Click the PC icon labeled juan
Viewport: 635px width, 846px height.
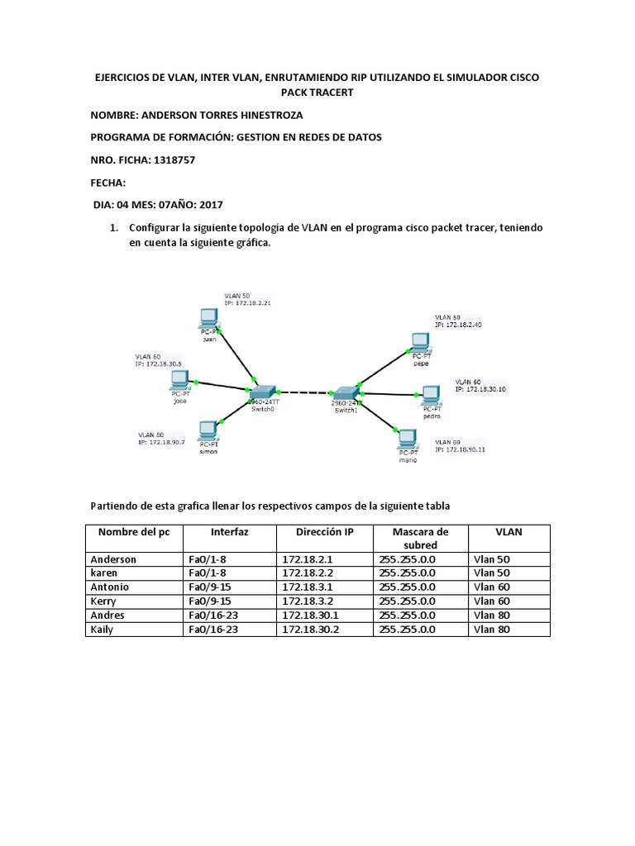(x=208, y=319)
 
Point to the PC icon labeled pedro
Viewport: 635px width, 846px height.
(x=431, y=394)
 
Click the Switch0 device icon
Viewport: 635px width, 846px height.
(x=262, y=391)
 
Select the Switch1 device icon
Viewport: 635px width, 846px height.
(x=345, y=392)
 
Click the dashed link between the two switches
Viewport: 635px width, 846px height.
(x=303, y=392)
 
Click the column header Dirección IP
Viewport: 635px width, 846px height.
(x=325, y=532)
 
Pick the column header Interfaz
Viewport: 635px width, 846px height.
(x=229, y=532)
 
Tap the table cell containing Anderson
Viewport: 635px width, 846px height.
(x=113, y=559)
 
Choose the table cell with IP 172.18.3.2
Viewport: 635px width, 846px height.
(x=308, y=601)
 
